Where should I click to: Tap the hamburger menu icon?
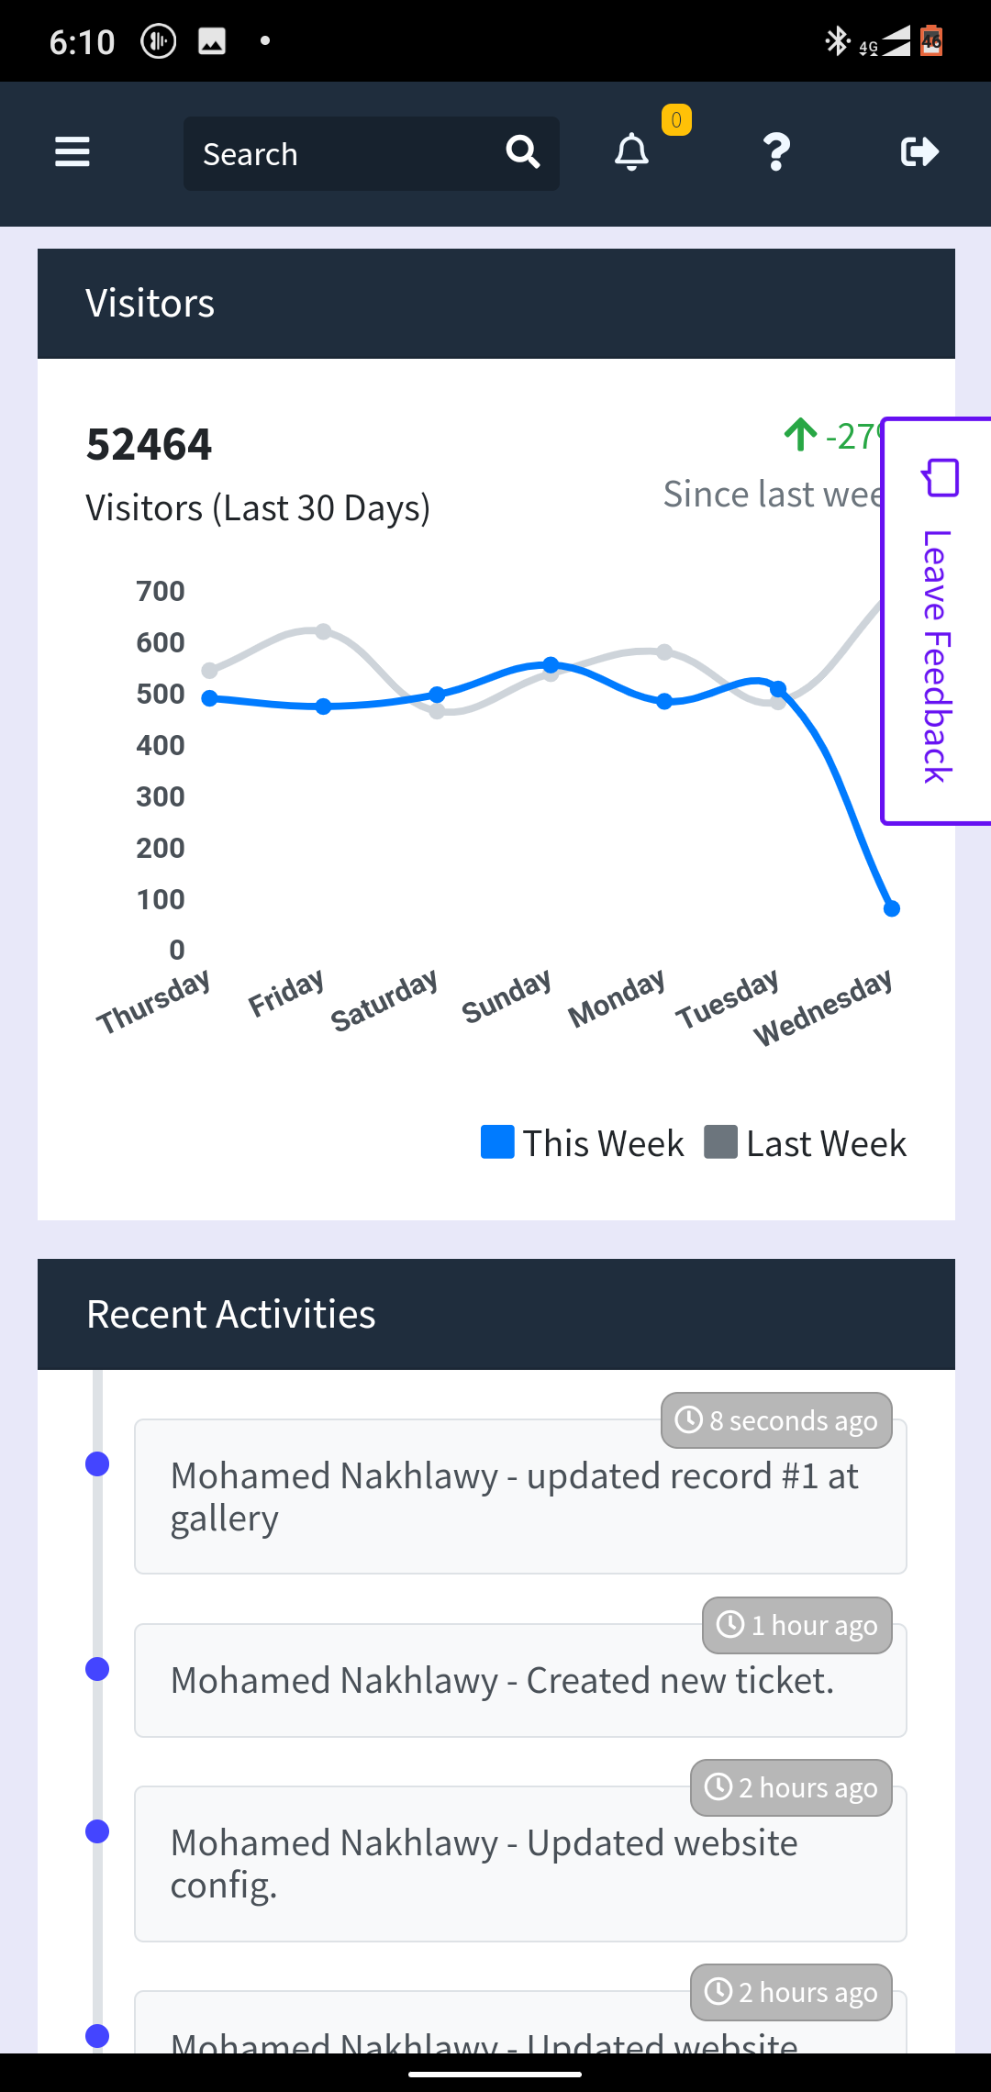click(72, 152)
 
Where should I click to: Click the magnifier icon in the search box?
click(523, 152)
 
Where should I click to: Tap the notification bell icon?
click(631, 152)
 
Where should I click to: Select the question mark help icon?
click(776, 152)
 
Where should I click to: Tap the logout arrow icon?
click(919, 152)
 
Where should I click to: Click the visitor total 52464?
click(149, 445)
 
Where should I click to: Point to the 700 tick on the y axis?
click(161, 592)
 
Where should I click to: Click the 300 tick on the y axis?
click(161, 796)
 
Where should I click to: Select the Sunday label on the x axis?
click(507, 996)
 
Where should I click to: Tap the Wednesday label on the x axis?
click(823, 1007)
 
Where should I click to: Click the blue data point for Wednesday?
click(892, 908)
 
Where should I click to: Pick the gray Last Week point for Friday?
click(324, 631)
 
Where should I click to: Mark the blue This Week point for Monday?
click(665, 702)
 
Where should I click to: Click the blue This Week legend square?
click(497, 1142)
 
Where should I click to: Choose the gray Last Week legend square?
click(720, 1142)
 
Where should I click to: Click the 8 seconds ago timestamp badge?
click(776, 1420)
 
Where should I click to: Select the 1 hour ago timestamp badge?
click(796, 1625)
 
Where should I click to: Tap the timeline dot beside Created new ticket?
click(97, 1669)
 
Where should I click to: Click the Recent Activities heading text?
click(231, 1315)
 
